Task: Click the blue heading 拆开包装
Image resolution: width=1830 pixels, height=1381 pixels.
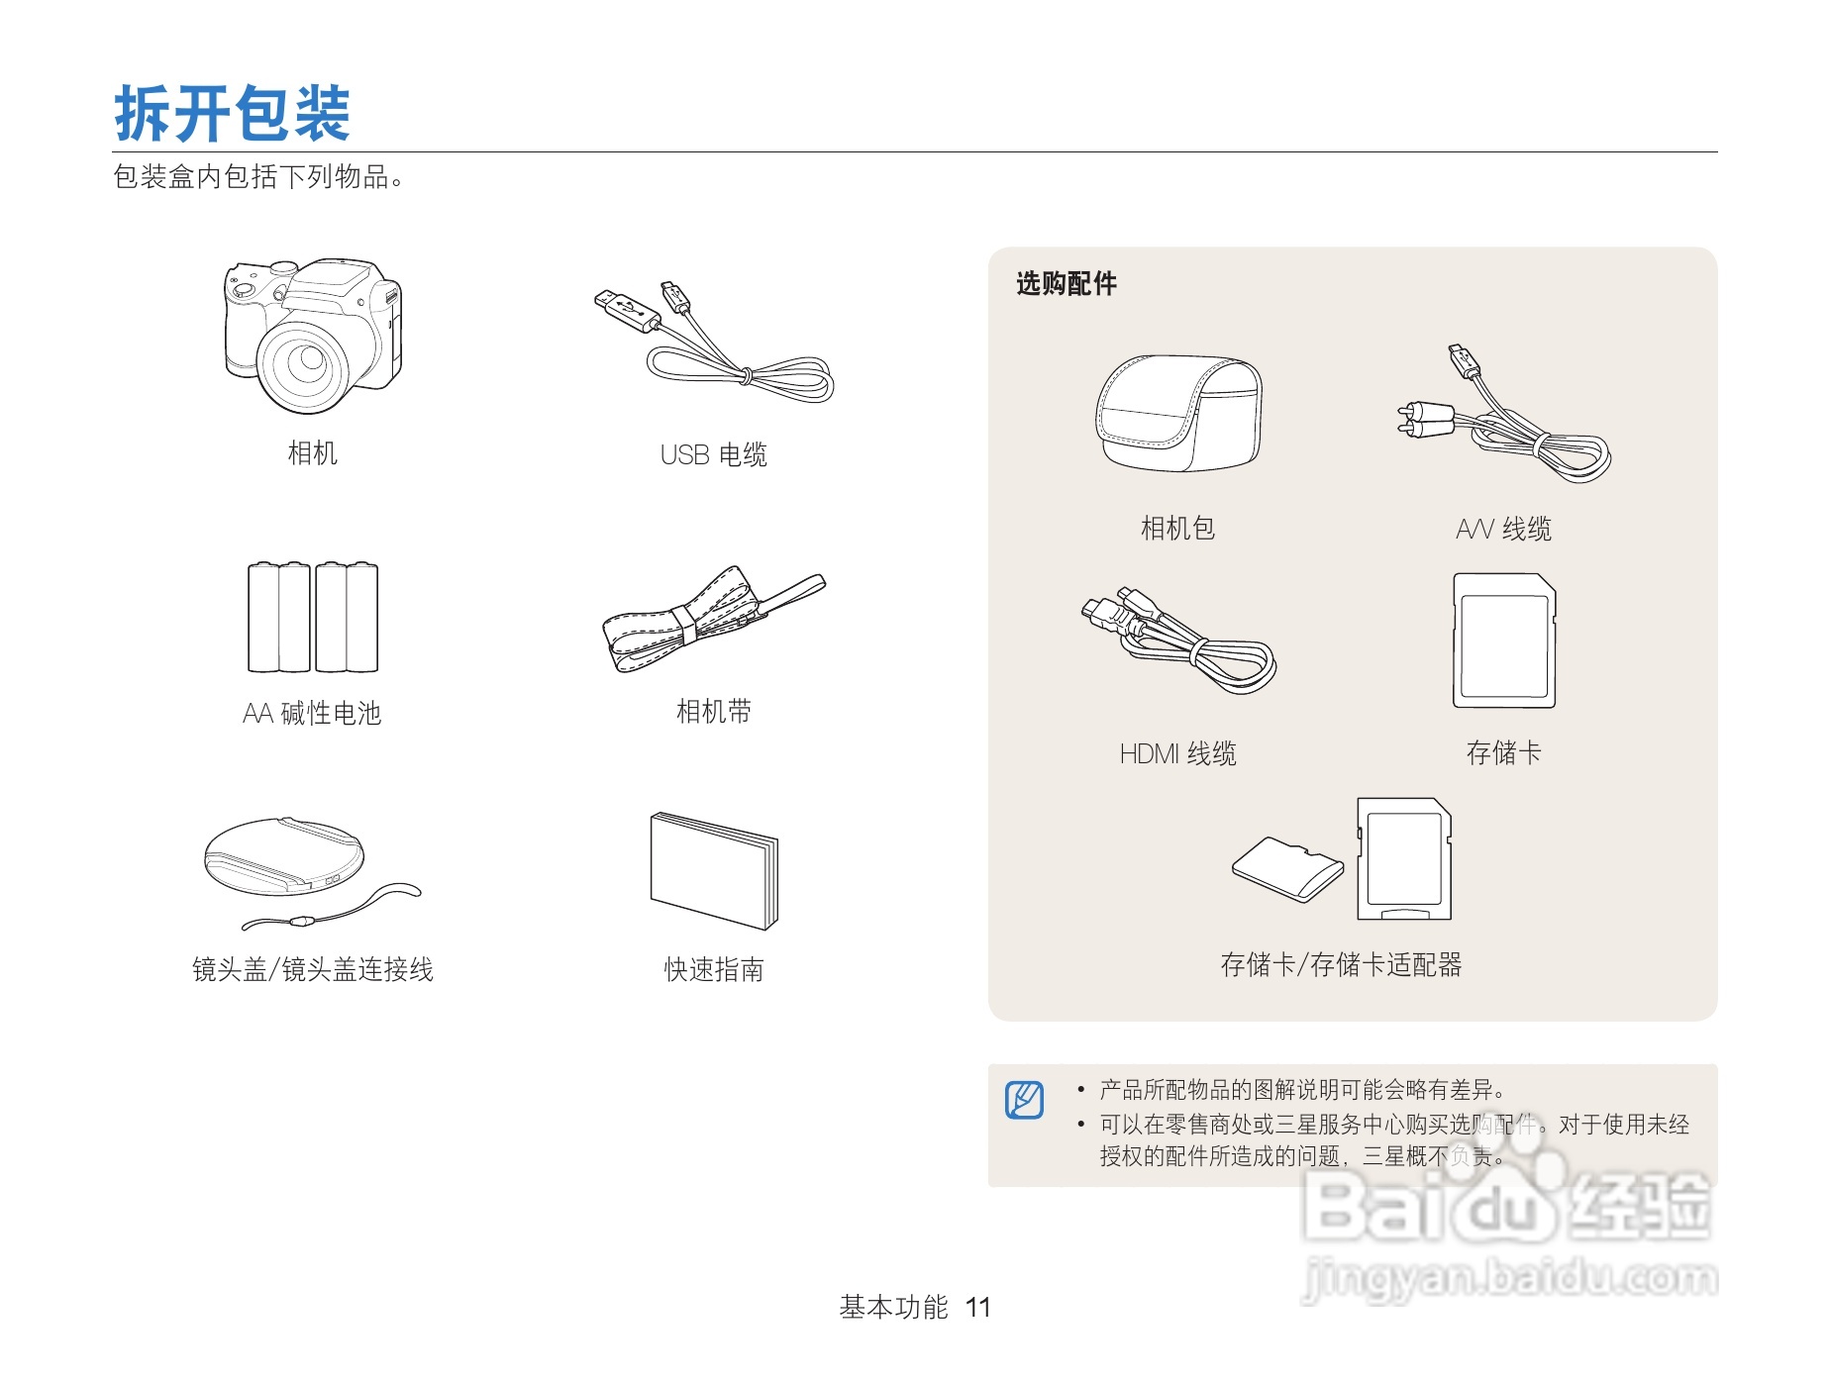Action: click(232, 113)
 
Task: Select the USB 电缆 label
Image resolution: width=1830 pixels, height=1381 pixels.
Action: click(713, 454)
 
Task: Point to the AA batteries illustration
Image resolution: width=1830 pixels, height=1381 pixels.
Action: click(313, 618)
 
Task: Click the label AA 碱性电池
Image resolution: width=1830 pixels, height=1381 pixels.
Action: click(312, 713)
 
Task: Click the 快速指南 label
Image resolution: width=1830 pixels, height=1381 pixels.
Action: click(713, 969)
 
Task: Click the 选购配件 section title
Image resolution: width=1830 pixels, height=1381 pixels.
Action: click(1067, 284)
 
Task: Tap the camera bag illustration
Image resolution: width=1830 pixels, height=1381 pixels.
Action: click(1178, 413)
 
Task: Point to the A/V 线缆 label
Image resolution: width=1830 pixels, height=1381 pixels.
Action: click(1503, 530)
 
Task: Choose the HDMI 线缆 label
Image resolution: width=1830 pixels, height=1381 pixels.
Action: click(1177, 754)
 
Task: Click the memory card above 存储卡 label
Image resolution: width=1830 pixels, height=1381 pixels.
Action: click(1503, 641)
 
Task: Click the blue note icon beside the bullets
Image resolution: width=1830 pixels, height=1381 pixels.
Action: click(1024, 1100)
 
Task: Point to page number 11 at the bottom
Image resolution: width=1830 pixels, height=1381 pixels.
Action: click(978, 1308)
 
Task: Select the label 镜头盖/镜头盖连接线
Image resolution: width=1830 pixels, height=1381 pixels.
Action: click(312, 969)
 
